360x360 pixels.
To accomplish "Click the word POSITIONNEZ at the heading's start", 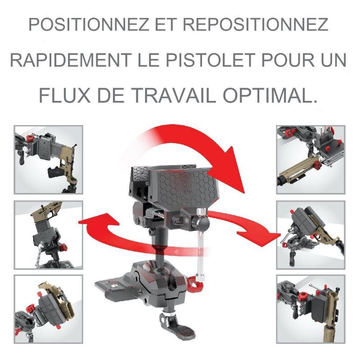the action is click(x=89, y=25).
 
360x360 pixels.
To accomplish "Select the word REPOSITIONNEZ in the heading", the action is click(x=255, y=25).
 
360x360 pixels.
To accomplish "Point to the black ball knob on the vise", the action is click(x=201, y=221).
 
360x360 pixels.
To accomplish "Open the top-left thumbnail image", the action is click(x=49, y=160).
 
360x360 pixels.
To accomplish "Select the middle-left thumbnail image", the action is click(x=49, y=235).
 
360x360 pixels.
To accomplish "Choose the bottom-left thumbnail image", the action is click(x=49, y=309).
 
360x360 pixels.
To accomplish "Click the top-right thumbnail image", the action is click(x=311, y=160).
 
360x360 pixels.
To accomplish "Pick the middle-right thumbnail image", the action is click(x=311, y=235).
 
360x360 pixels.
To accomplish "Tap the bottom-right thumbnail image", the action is click(x=311, y=309).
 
